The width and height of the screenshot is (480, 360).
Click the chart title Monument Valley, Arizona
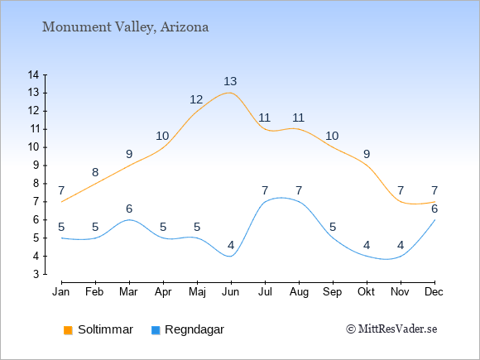[125, 27]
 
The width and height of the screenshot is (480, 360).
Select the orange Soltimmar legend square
[68, 330]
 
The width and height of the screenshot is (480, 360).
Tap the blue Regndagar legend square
[156, 330]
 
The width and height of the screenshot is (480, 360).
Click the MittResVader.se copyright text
[391, 329]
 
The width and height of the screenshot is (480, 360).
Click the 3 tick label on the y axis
[36, 274]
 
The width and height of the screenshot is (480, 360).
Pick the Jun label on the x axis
[231, 292]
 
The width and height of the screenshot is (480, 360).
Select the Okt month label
[366, 292]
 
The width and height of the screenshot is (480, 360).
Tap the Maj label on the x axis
[197, 292]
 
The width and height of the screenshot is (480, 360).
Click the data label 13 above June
[230, 81]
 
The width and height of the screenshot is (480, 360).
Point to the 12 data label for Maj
[196, 99]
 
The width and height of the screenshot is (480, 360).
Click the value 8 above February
[95, 172]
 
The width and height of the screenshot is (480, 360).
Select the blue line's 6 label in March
[129, 209]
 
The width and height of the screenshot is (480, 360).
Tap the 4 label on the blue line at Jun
[231, 245]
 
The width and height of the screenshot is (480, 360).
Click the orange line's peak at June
[231, 93]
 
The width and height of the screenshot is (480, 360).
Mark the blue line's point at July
[265, 202]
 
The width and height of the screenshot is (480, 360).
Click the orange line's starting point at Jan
[62, 202]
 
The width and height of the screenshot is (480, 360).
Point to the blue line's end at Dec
[434, 220]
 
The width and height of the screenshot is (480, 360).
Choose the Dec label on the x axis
[434, 292]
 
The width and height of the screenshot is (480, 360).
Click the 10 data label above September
[332, 136]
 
